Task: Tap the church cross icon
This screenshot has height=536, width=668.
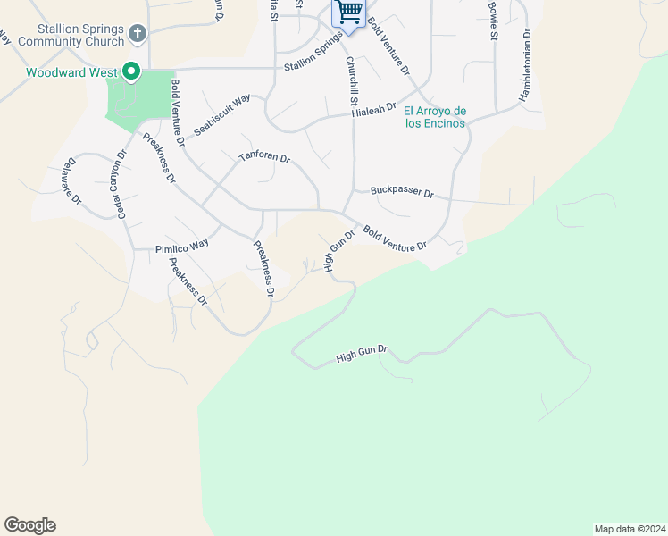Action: [137, 33]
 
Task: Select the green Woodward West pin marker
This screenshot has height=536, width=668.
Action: [130, 71]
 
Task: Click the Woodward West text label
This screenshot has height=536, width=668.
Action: [61, 72]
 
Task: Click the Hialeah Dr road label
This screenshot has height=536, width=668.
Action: [373, 108]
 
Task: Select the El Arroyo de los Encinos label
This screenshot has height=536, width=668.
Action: [435, 117]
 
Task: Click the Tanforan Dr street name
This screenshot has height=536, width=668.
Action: [264, 158]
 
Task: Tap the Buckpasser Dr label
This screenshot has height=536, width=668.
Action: [402, 192]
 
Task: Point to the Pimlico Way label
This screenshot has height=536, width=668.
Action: [181, 244]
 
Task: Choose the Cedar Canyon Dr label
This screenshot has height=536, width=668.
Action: [118, 184]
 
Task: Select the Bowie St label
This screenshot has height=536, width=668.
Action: [492, 20]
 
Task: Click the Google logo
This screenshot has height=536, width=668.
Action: [29, 525]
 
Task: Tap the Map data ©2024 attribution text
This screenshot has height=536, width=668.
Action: [630, 528]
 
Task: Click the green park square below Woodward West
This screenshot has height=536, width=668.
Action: [139, 100]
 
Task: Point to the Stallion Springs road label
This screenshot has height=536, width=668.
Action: [313, 56]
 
